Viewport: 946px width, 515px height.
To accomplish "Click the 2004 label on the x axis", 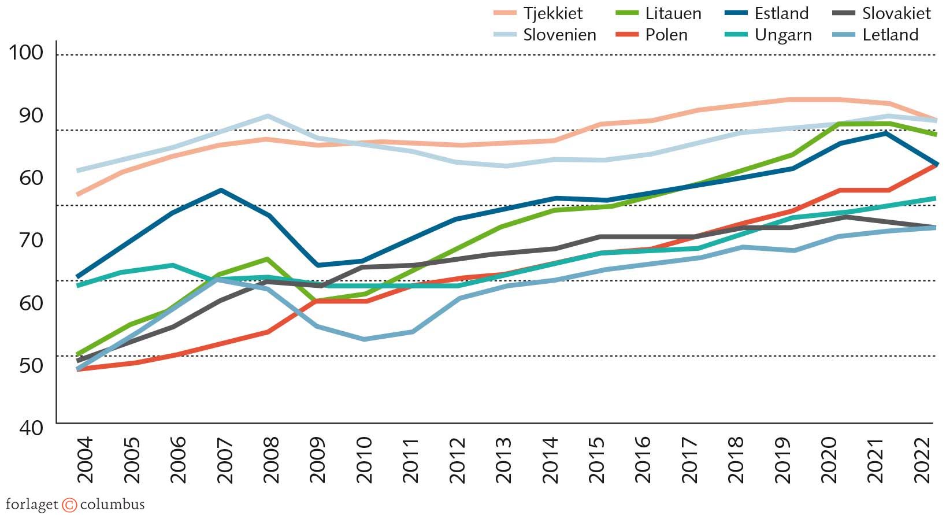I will pos(85,460).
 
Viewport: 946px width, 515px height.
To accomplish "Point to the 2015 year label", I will pos(596,460).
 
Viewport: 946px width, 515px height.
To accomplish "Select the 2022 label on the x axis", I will pos(922,460).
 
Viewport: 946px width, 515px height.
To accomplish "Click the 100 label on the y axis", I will pos(26,53).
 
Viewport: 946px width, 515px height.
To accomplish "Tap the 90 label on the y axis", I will pos(31,115).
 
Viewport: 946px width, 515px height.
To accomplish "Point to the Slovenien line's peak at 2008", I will pos(267,116).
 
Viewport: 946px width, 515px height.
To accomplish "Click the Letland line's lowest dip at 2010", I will pos(363,339).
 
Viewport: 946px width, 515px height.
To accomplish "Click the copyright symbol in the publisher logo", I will pos(69,505).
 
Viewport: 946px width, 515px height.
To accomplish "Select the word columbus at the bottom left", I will pos(112,505).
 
